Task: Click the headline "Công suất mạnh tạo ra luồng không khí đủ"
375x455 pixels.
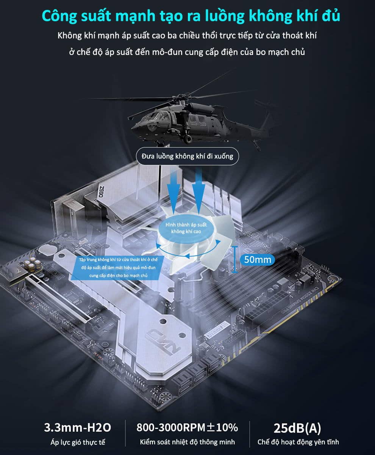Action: tap(191, 16)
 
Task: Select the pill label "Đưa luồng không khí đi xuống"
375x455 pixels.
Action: tap(187, 156)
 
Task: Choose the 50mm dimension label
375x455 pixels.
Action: tap(258, 260)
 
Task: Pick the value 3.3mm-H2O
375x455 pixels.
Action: tap(78, 427)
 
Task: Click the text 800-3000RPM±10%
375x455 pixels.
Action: tap(187, 427)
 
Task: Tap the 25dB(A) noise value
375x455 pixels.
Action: tap(297, 428)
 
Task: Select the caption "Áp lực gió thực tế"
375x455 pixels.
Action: tap(78, 442)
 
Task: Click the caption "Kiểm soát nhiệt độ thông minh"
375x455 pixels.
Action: tap(187, 442)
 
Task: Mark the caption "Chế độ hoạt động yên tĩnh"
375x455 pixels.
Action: tap(298, 442)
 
